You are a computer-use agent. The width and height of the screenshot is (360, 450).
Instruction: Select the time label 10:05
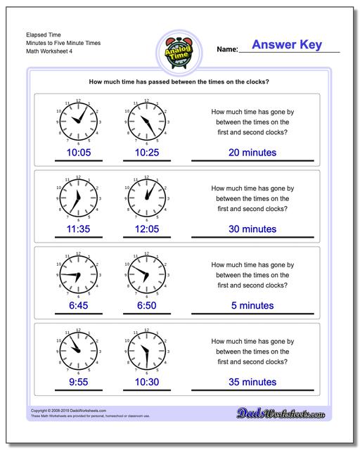[78, 153]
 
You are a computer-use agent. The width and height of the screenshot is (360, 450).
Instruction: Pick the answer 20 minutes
[252, 153]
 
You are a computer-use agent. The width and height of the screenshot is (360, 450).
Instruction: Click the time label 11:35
[78, 229]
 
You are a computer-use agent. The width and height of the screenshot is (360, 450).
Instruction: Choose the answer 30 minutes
[252, 229]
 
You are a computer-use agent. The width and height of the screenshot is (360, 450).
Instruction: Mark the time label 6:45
[78, 305]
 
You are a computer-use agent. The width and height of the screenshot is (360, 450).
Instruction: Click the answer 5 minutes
[252, 305]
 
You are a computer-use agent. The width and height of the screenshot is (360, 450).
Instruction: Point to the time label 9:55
[78, 382]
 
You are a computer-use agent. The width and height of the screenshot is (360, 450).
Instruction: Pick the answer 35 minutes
[252, 382]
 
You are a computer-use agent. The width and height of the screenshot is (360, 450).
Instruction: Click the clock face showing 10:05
[78, 121]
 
